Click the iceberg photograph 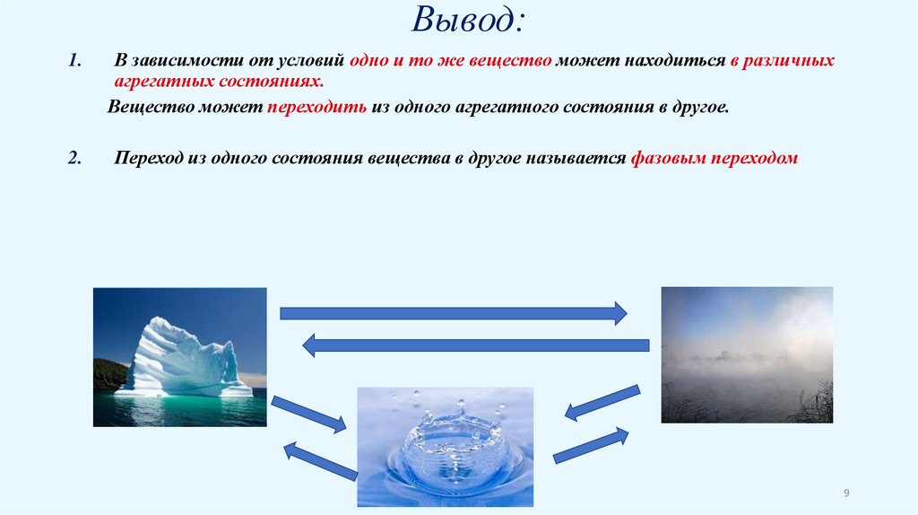pos(180,356)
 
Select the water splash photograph pos(445,446)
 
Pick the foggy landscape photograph pos(747,354)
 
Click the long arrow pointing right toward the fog pos(453,313)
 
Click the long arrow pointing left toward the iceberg pos(474,345)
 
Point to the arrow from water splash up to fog pos(590,445)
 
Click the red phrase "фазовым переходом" pos(714,157)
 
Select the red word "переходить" pos(316,106)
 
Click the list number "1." pos(75,61)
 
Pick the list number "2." pos(75,157)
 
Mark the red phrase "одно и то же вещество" pos(450,61)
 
